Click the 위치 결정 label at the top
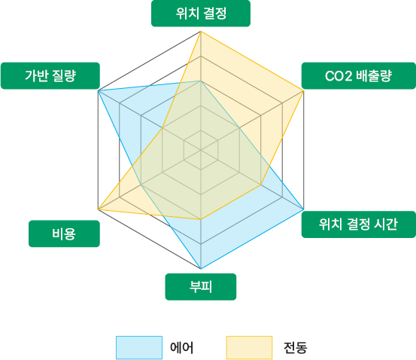pyautogui.click(x=201, y=14)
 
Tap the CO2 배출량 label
pyautogui.click(x=358, y=76)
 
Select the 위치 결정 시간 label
pyautogui.click(x=358, y=224)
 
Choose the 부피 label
pyautogui.click(x=201, y=287)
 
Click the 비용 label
pyautogui.click(x=64, y=233)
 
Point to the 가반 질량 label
pyautogui.click(x=50, y=76)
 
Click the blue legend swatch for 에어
pyautogui.click(x=139, y=347)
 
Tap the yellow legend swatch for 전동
pyautogui.click(x=250, y=347)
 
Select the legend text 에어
pyautogui.click(x=182, y=347)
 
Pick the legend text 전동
pyautogui.click(x=296, y=347)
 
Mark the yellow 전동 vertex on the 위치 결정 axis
pyautogui.click(x=201, y=32)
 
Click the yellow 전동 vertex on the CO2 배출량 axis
pyautogui.click(x=303, y=91)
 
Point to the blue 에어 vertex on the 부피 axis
pyautogui.click(x=201, y=269)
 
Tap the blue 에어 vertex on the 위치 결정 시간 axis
pyautogui.click(x=303, y=209)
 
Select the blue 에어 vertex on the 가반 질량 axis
pyautogui.click(x=98, y=91)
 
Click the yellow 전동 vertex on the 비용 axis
pyautogui.click(x=98, y=210)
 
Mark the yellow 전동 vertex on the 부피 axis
pyautogui.click(x=201, y=219)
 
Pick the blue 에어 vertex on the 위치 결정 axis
pyautogui.click(x=201, y=81)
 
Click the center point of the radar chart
pyautogui.click(x=201, y=150)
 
